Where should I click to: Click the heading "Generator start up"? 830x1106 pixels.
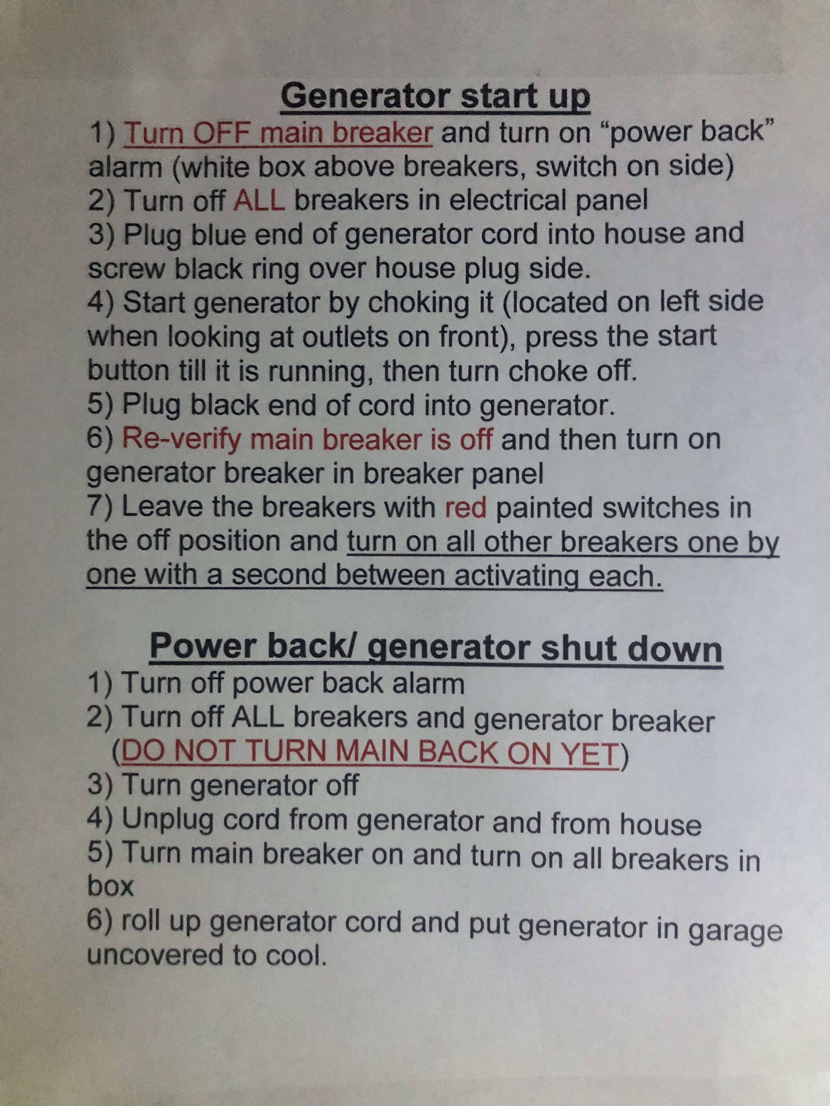(435, 97)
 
